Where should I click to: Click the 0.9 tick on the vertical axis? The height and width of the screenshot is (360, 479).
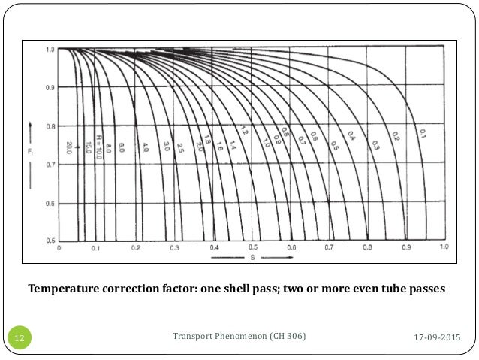50,88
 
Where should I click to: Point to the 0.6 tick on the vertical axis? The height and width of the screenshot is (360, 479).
50,202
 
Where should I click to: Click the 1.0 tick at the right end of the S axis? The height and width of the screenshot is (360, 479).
444,247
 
